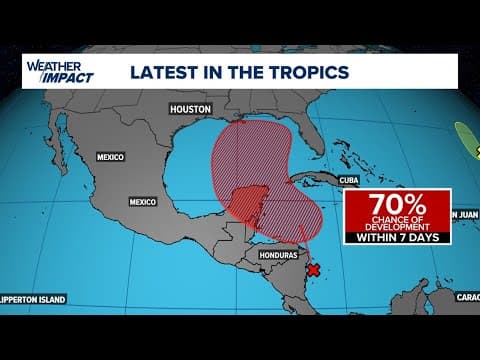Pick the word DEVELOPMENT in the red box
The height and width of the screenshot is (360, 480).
[398, 227]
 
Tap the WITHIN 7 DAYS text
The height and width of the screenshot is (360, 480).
[398, 237]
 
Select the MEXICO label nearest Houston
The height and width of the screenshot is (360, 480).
[109, 157]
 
